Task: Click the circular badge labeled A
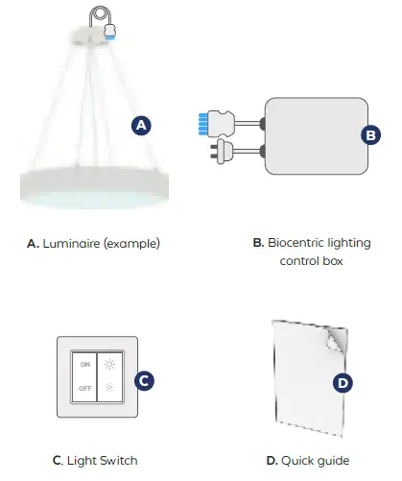coord(141,126)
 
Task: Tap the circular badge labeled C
coord(142,379)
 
